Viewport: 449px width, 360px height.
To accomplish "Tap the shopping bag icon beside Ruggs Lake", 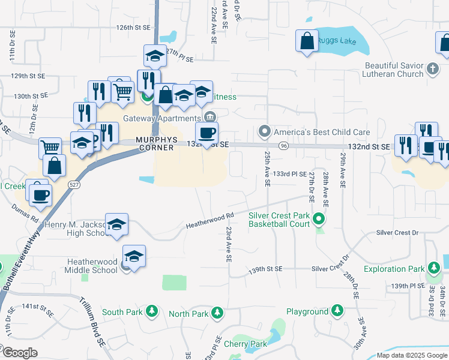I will click(307, 41).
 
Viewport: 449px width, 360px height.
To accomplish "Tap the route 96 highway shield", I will click(284, 145).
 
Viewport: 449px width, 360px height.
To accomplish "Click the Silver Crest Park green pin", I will click(319, 220).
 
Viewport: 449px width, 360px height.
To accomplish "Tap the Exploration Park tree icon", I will click(433, 267).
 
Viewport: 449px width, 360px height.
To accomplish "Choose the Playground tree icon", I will click(337, 310).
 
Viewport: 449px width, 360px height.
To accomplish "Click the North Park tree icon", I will click(217, 313).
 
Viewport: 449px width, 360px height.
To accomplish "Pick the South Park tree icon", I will click(152, 311).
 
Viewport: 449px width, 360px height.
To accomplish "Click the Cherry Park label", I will click(245, 344).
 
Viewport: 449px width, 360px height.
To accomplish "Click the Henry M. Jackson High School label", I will click(74, 229).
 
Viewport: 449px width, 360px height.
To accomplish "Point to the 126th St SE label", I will click(132, 28).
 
